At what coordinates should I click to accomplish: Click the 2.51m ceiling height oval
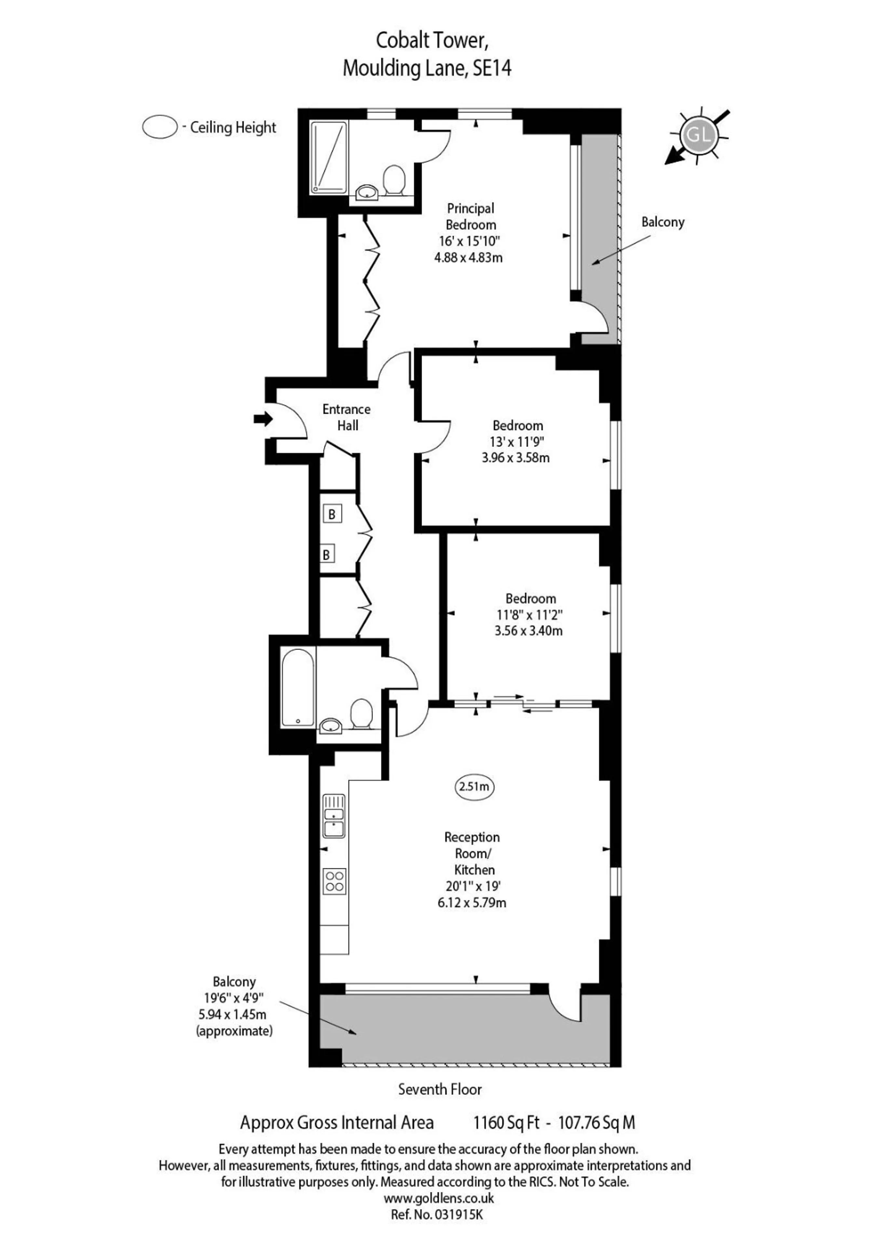pos(474,786)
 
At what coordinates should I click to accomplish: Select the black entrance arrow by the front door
pos(263,419)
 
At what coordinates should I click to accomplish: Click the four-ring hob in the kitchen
pos(334,881)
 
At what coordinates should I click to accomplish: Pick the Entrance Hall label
pos(346,417)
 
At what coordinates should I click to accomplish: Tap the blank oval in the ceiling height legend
pos(160,127)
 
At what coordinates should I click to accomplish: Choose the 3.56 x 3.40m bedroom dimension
pos(528,631)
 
